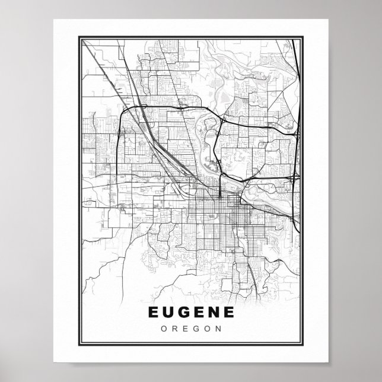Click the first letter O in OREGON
click(163, 327)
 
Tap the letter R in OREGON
click(174, 327)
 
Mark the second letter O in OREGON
click(207, 327)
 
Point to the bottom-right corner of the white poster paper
click(328, 362)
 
